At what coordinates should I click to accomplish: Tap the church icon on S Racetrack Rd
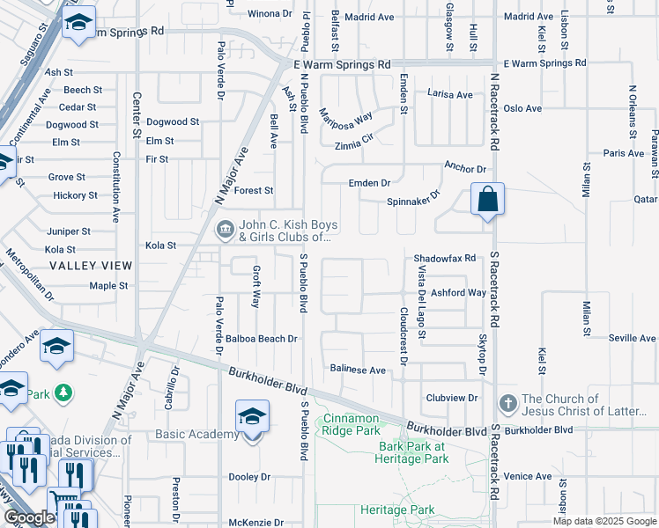pyautogui.click(x=507, y=404)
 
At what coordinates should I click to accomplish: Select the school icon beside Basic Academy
pyautogui.click(x=251, y=416)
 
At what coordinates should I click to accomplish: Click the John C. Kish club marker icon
pyautogui.click(x=226, y=230)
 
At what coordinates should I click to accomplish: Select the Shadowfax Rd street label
pyautogui.click(x=445, y=259)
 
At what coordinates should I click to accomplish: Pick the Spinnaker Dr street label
pyautogui.click(x=413, y=201)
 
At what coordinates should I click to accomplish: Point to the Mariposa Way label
pyautogui.click(x=346, y=118)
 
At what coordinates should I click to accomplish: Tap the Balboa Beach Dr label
pyautogui.click(x=262, y=338)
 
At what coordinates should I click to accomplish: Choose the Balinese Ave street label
pyautogui.click(x=358, y=370)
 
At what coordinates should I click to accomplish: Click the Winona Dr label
pyautogui.click(x=269, y=14)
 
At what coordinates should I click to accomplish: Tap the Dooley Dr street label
pyautogui.click(x=248, y=476)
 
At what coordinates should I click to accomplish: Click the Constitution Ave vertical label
pyautogui.click(x=115, y=187)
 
